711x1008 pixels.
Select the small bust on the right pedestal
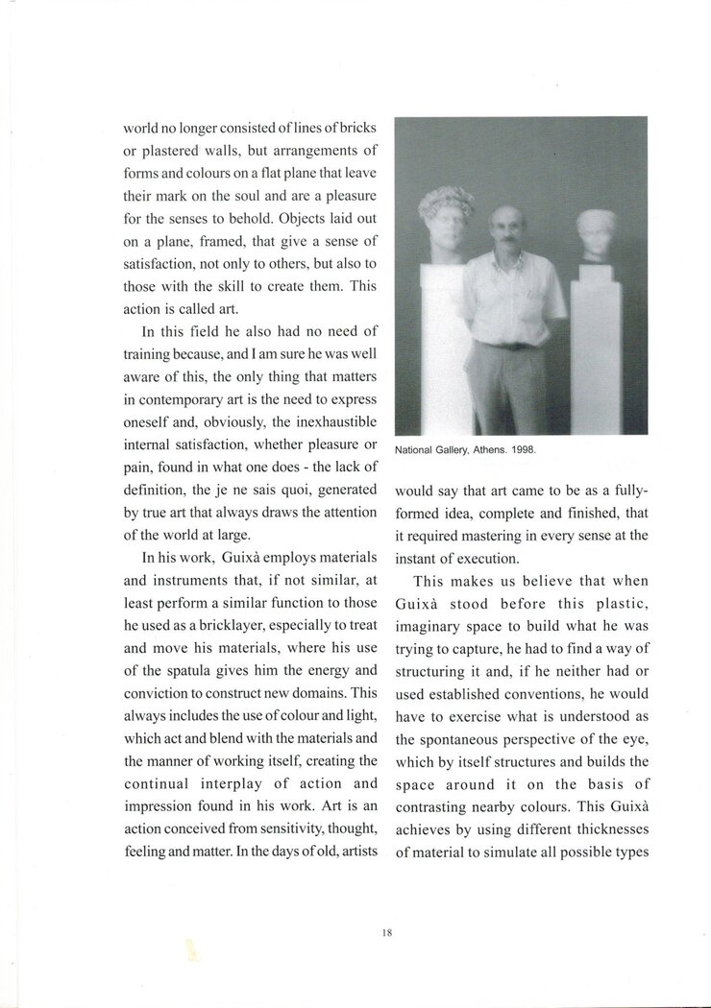598,235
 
